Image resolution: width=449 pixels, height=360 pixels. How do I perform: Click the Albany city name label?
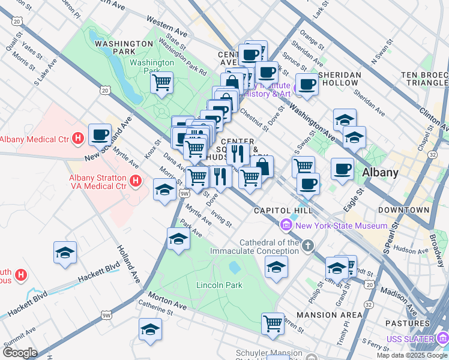point(381,172)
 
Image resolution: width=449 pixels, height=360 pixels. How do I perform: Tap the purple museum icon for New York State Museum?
point(286,226)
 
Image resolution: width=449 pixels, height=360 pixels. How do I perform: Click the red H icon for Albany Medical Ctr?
point(77,139)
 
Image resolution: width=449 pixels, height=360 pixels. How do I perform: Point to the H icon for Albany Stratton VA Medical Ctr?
point(136,179)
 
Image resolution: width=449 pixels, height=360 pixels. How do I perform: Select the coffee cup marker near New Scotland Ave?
point(100,134)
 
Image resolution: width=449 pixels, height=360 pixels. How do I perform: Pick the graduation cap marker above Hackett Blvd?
point(65,253)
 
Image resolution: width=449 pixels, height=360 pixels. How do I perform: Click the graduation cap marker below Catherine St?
point(150,329)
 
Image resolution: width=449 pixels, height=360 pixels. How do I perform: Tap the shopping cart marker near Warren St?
point(273,323)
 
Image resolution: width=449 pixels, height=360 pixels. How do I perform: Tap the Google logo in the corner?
point(20,353)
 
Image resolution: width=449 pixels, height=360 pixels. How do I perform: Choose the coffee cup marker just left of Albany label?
point(342,168)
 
